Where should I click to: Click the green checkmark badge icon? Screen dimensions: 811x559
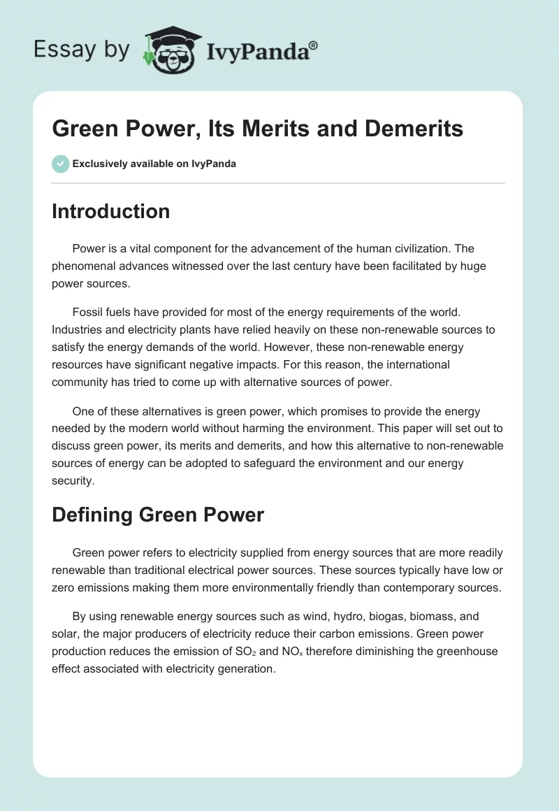click(x=60, y=164)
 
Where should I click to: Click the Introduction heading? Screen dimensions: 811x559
click(x=110, y=211)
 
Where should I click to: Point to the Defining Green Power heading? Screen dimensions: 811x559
click(x=158, y=515)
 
